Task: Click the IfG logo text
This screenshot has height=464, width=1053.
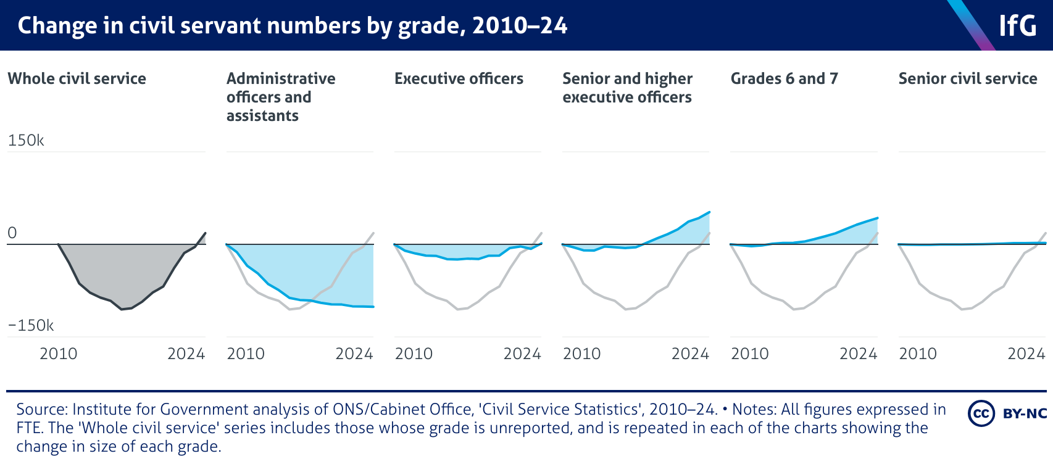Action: [x=1018, y=26]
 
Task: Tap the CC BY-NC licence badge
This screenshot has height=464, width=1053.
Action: [x=1007, y=413]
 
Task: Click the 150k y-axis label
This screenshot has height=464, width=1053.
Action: [x=26, y=141]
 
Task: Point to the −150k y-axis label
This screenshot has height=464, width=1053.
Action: [x=31, y=326]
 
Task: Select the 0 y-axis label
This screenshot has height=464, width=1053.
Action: [x=12, y=233]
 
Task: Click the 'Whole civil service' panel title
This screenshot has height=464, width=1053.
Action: [x=77, y=79]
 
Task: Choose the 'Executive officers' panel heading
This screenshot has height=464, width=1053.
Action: [x=459, y=79]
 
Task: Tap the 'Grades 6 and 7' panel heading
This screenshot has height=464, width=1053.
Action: [x=784, y=79]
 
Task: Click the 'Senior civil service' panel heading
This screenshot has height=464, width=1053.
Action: [x=967, y=79]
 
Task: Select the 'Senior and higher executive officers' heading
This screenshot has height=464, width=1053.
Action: [x=627, y=88]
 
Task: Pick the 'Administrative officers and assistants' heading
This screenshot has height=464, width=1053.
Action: [x=281, y=97]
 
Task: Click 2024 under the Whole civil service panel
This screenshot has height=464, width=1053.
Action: [x=186, y=354]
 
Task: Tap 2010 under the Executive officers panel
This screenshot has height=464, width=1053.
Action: [x=414, y=354]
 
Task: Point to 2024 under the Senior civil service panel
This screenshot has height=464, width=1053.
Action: [x=1026, y=354]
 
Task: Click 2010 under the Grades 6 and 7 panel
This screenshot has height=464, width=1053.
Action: [x=749, y=354]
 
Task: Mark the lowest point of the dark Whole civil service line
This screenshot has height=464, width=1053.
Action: [x=122, y=309]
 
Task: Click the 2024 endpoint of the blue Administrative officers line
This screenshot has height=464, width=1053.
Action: [x=373, y=307]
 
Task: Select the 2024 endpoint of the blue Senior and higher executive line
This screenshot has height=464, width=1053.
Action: [x=710, y=212]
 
